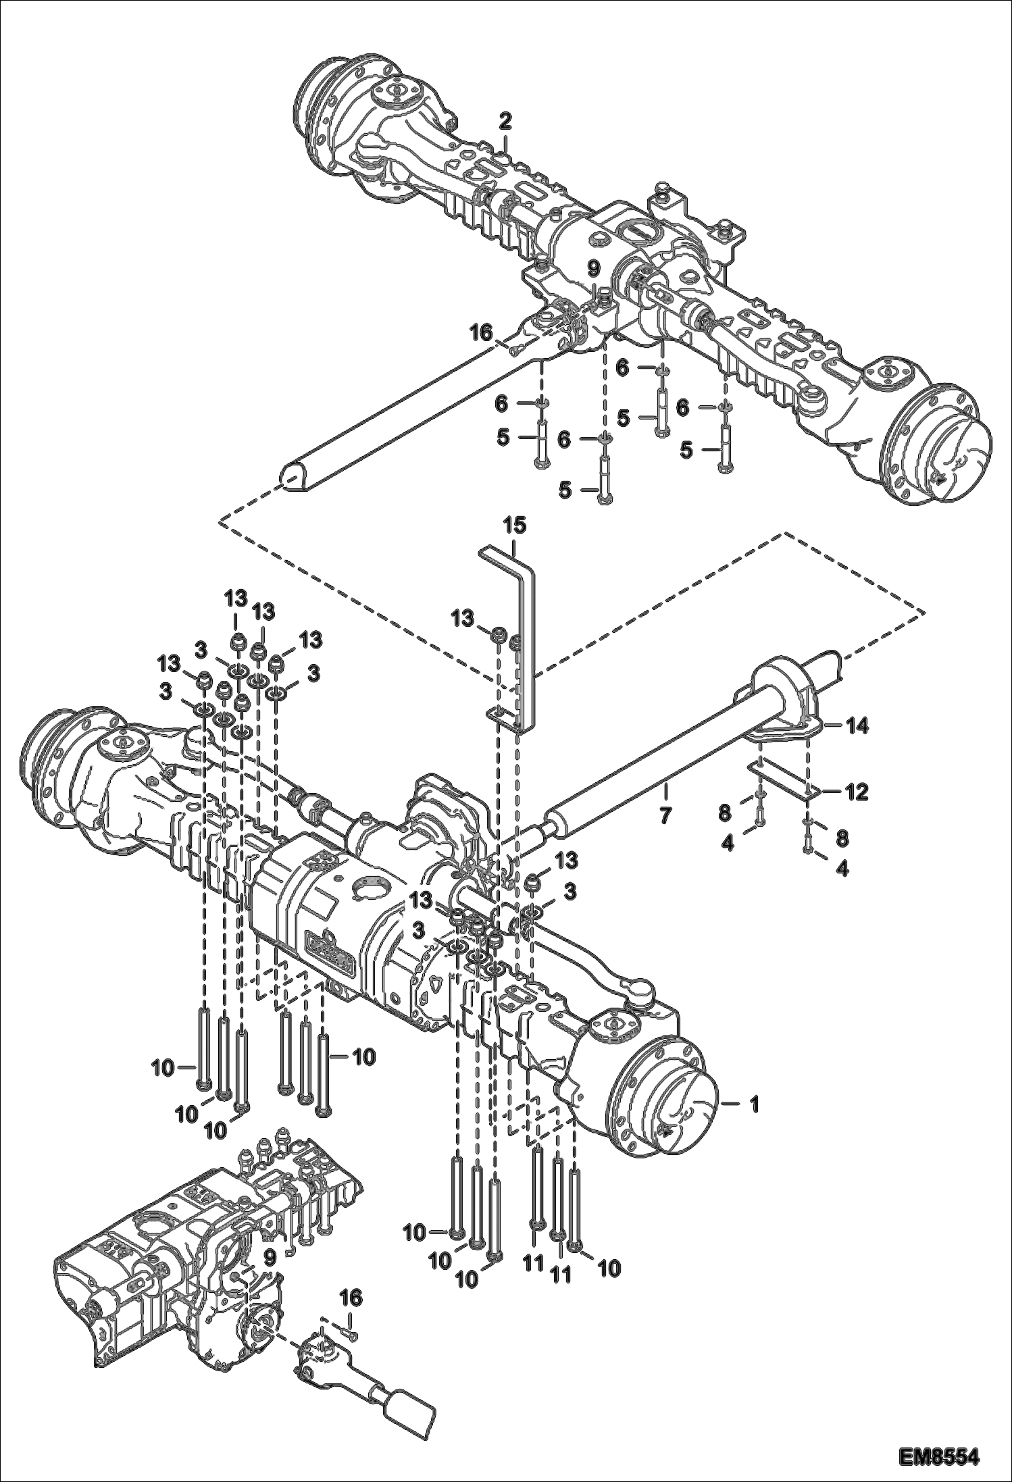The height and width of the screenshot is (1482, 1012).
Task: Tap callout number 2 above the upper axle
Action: [x=505, y=122]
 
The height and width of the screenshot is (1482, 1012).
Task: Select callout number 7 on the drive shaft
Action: [x=665, y=815]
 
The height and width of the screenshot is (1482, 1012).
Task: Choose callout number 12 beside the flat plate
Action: [x=857, y=790]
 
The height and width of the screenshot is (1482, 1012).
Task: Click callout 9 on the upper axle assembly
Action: [x=593, y=269]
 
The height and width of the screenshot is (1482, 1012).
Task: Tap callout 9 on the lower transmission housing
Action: [x=269, y=1256]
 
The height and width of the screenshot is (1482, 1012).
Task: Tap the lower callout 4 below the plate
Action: [x=841, y=868]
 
